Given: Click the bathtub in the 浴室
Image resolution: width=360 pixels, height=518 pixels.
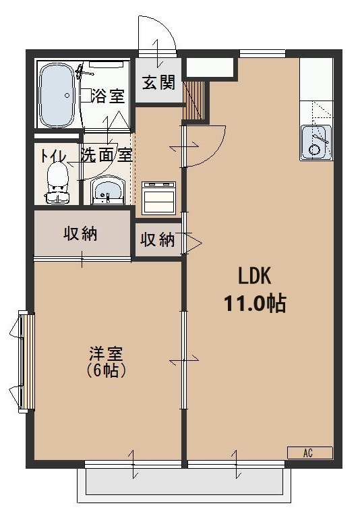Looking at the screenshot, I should coord(55,96).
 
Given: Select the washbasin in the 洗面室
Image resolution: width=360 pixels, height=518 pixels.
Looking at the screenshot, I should coord(107,190).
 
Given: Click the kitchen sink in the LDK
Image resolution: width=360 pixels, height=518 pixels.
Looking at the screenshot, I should coord(316,142).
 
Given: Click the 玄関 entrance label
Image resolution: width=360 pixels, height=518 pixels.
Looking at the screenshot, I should coord(158,83).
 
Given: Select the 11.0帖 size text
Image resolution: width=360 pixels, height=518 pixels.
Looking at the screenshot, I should coord(255,303).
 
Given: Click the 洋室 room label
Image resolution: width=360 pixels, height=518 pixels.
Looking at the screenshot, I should coord(107,353).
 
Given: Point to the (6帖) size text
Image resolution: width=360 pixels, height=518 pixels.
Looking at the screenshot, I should coord(107,370).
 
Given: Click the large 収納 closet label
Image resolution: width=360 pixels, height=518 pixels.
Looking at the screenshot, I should coord(80,233).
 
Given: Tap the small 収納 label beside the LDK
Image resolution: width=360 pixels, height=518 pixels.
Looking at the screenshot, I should coord(158,240).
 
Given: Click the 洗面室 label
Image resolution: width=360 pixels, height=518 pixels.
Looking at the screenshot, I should coord(106,154).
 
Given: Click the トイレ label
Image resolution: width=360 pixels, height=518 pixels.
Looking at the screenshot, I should coord(53,154).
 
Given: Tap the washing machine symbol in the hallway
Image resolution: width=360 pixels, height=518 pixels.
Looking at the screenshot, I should coord(159,196).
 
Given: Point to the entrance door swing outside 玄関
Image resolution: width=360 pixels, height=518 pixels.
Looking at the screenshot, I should coord(158,34).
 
